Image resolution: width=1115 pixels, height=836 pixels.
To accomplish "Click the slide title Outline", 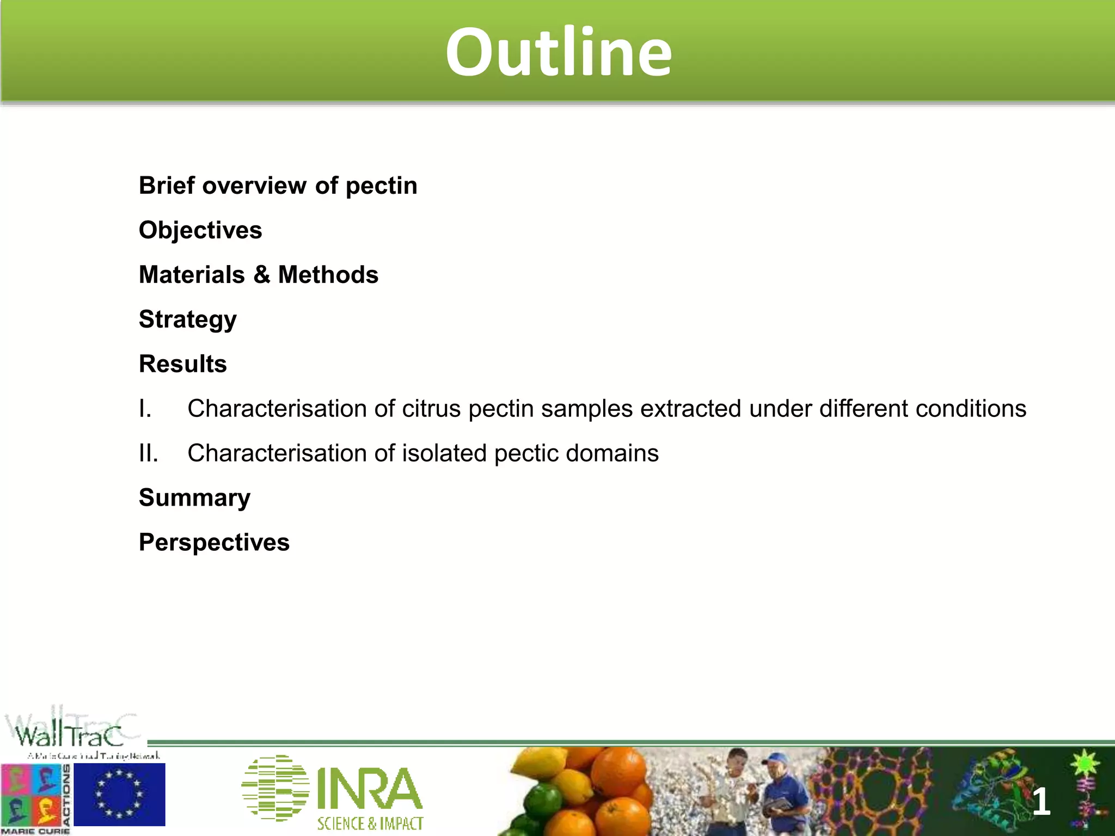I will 559,52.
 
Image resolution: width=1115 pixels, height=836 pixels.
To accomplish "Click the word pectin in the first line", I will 381,186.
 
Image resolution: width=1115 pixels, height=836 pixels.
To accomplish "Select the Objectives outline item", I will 200,230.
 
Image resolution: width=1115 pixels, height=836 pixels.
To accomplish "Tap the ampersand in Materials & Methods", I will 261,275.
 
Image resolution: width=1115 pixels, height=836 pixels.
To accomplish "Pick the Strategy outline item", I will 187,319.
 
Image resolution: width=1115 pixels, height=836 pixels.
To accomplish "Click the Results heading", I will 182,364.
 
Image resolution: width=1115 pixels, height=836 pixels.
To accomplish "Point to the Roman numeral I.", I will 145,409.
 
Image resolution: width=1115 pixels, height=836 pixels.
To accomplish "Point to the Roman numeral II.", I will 148,453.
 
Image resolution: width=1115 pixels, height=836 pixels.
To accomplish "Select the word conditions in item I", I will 971,409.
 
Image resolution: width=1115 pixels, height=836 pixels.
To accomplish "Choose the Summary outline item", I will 194,498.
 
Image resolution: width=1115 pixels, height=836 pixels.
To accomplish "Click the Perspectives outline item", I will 214,543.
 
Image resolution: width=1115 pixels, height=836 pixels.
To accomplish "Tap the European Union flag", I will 119,794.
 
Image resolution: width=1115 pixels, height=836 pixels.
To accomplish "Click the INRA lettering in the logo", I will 369,789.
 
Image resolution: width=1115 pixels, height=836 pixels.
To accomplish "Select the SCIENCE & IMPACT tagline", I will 370,823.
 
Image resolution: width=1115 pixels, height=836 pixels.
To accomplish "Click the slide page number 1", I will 1041,802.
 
